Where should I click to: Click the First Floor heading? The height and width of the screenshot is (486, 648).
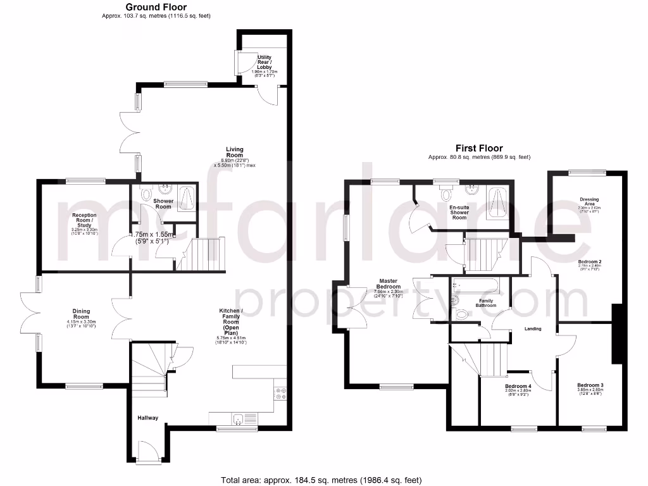pos(479,149)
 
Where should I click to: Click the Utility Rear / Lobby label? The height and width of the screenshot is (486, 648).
pos(264,62)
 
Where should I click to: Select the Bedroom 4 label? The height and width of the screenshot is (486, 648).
pos(518,386)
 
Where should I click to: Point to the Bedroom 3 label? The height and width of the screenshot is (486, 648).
pos(590,385)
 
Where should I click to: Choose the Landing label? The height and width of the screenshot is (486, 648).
pos(533,328)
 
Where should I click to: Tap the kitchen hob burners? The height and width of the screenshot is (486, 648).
pos(280,394)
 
